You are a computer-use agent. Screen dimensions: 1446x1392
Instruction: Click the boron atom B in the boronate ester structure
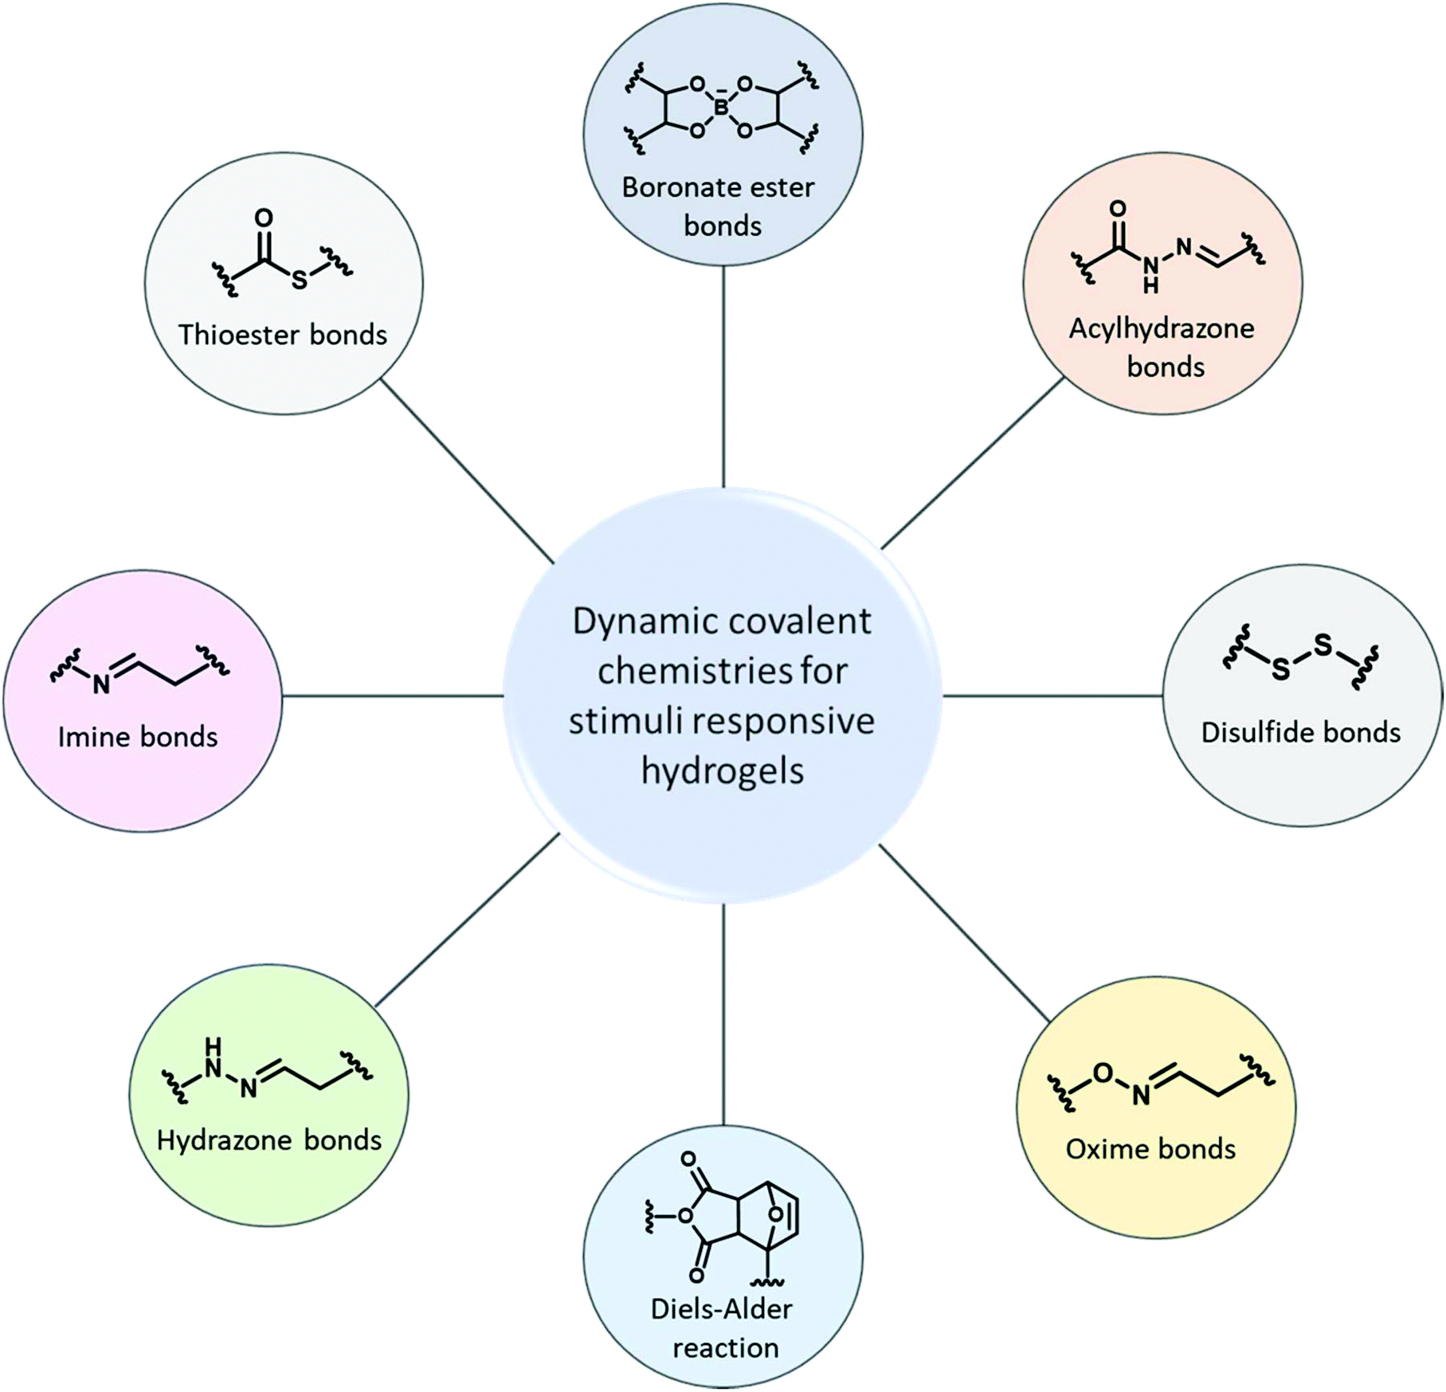click(x=721, y=107)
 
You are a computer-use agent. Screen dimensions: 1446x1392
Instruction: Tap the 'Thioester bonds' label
click(x=283, y=335)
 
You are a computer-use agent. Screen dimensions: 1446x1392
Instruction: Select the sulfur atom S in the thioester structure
click(x=299, y=280)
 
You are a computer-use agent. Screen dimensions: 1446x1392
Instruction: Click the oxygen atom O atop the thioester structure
click(x=264, y=218)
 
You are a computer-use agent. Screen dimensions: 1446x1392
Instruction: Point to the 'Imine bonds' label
click(x=138, y=737)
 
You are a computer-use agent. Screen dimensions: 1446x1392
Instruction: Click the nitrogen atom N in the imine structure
click(x=101, y=684)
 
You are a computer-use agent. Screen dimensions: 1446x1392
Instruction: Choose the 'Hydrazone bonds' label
click(x=269, y=1140)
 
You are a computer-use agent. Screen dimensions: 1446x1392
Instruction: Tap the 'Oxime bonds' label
click(x=1150, y=1148)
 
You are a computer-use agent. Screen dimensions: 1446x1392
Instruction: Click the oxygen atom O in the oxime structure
click(x=1103, y=1073)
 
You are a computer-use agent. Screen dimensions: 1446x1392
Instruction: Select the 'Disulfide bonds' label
click(x=1301, y=732)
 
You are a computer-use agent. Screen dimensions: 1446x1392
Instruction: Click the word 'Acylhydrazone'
click(x=1162, y=328)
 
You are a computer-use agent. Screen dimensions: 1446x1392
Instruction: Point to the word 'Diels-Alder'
click(x=722, y=1308)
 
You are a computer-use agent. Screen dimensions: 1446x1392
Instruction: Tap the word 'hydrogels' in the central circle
click(x=723, y=771)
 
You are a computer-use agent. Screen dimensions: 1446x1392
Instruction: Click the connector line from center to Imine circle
click(x=393, y=696)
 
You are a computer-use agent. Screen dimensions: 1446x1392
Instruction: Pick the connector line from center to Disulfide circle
click(x=1053, y=696)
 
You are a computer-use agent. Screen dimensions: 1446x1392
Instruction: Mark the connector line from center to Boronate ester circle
click(x=723, y=377)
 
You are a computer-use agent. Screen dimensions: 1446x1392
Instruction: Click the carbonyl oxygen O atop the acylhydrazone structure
click(x=1118, y=209)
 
